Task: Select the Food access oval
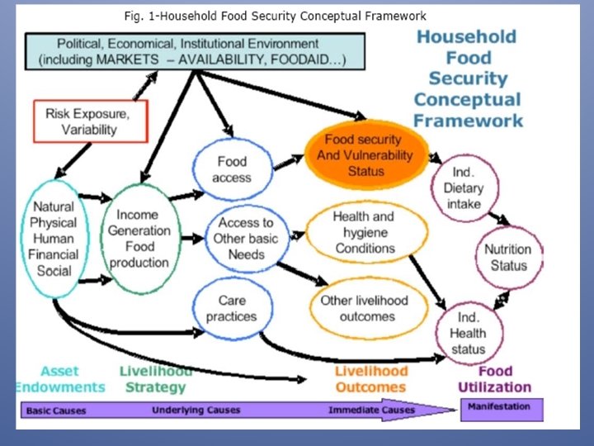click(x=232, y=169)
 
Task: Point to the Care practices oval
click(x=232, y=308)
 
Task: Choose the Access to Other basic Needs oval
click(x=246, y=237)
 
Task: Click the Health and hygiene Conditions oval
click(x=364, y=232)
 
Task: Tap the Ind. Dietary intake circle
click(x=464, y=187)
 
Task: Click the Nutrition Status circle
click(x=508, y=257)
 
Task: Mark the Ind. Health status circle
click(x=468, y=333)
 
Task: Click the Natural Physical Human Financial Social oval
click(x=53, y=238)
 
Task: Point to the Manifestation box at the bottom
click(x=499, y=407)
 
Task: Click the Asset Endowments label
click(x=59, y=379)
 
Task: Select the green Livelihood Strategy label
click(x=153, y=379)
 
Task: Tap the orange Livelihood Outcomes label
click(x=370, y=379)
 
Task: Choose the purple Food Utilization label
click(x=494, y=379)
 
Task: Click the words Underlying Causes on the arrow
click(x=196, y=410)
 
